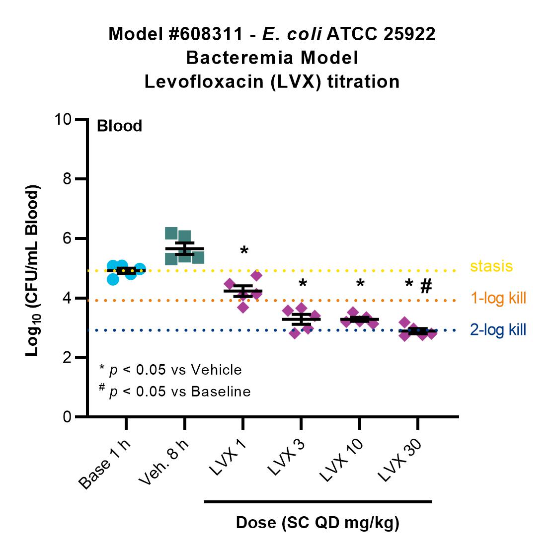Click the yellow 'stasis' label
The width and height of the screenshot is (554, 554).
coord(491,266)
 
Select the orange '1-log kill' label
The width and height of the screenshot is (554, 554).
coord(498,298)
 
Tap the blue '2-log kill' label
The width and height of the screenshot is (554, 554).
coord(498,329)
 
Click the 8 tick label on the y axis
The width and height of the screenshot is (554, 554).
coord(67,179)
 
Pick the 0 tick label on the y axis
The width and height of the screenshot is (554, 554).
coord(67,417)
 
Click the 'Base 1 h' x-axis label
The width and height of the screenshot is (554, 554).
coord(104,464)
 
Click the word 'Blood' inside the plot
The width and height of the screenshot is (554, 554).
coord(119,126)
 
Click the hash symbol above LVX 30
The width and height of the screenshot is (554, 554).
coord(426,286)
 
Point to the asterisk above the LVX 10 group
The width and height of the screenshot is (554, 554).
coord(360,284)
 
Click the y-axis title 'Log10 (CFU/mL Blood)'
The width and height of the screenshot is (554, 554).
coord(32,270)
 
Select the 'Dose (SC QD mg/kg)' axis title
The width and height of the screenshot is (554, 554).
coord(317,523)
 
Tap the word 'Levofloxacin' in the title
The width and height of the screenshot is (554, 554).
coord(204,82)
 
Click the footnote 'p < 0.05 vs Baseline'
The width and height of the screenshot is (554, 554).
coord(180,392)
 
